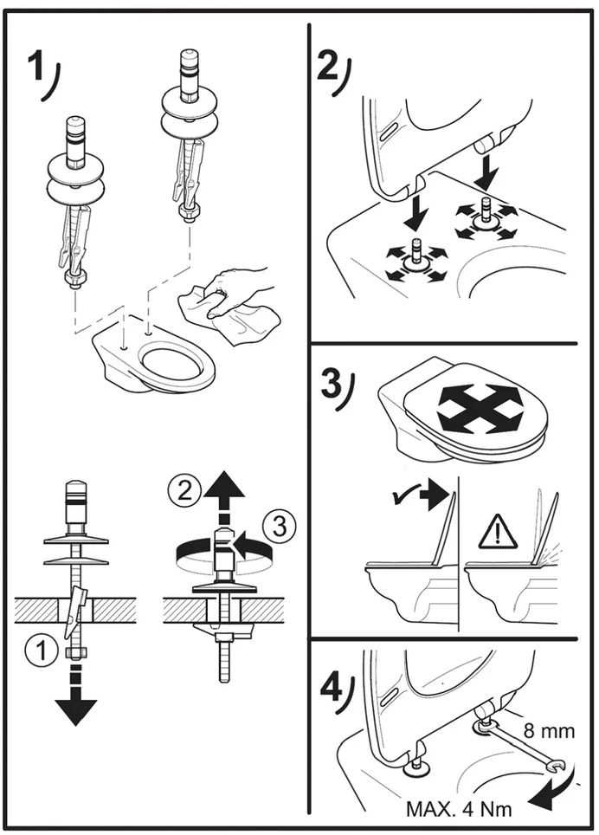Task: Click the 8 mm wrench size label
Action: (x=549, y=731)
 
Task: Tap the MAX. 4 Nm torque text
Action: (x=459, y=809)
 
